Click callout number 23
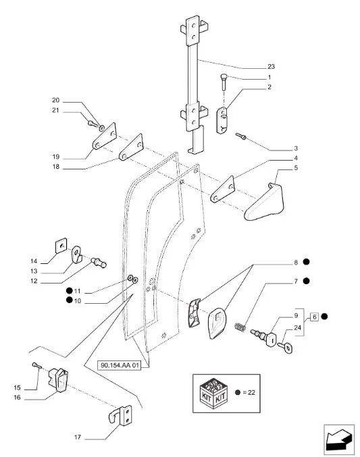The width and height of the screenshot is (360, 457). pyautogui.click(x=271, y=67)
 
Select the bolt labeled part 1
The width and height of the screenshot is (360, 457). pyautogui.click(x=224, y=82)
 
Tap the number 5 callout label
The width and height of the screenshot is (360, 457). pyautogui.click(x=296, y=168)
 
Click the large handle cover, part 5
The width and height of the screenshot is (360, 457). pyautogui.click(x=264, y=202)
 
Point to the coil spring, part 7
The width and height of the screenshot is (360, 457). pyautogui.click(x=240, y=327)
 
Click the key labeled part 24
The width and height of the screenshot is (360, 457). pyautogui.click(x=285, y=347)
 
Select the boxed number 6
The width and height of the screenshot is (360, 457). pyautogui.click(x=314, y=317)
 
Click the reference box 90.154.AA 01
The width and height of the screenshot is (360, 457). pyautogui.click(x=119, y=365)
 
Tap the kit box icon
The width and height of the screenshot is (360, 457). pyautogui.click(x=213, y=393)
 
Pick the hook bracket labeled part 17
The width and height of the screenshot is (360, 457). pyautogui.click(x=120, y=414)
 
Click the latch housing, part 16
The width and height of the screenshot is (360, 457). pyautogui.click(x=58, y=380)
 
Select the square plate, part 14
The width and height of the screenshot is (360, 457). pyautogui.click(x=61, y=246)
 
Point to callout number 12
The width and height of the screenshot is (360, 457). pyautogui.click(x=34, y=281)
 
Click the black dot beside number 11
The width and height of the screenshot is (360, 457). pyautogui.click(x=69, y=290)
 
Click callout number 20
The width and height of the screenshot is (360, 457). pyautogui.click(x=55, y=101)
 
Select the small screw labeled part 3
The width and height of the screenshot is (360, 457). pyautogui.click(x=241, y=136)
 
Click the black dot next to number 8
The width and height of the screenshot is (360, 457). pyautogui.click(x=306, y=262)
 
